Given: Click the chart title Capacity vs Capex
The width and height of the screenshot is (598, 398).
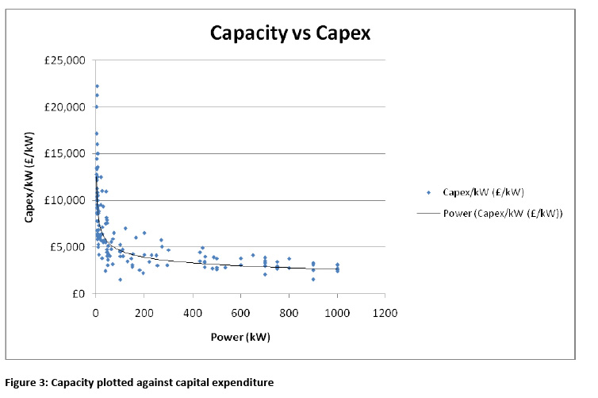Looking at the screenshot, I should [290, 33].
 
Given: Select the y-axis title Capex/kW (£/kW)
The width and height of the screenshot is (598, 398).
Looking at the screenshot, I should [29, 176].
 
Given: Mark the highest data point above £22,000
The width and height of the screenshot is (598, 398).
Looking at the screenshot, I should [97, 86].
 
